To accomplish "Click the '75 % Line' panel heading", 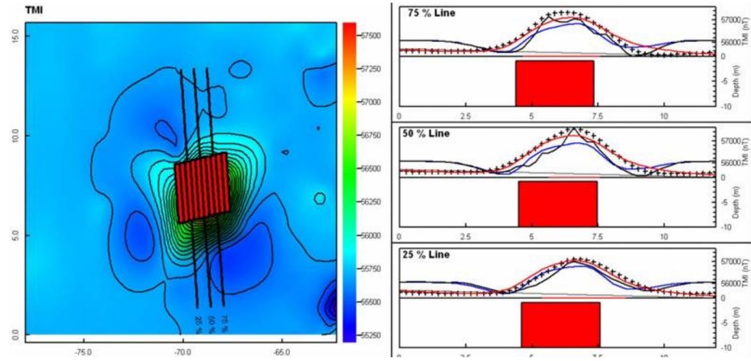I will coord(428,13).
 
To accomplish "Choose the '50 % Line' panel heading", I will coord(428,134).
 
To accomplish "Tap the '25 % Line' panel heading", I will coord(428,255).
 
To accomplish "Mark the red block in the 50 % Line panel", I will coord(557,204).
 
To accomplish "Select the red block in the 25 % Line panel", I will coord(560,324).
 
